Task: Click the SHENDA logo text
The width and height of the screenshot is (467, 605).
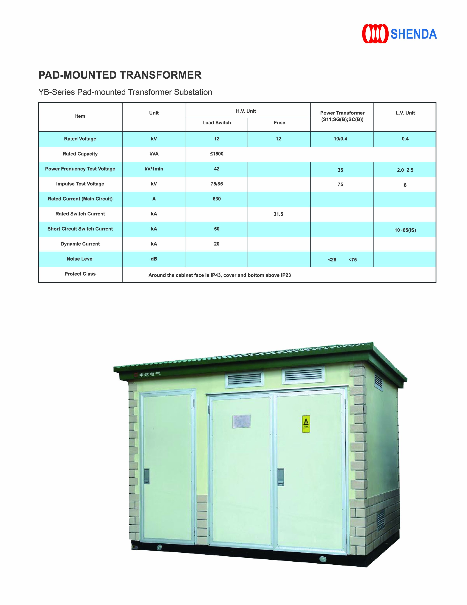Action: (x=413, y=34)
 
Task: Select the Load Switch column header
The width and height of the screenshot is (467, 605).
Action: (x=217, y=123)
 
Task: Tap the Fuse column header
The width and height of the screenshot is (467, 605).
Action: (x=279, y=123)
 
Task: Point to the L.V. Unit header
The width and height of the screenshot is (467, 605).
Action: (x=405, y=113)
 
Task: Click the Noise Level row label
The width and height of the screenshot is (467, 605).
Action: (x=80, y=259)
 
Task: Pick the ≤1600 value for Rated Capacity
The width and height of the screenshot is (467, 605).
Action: (x=217, y=154)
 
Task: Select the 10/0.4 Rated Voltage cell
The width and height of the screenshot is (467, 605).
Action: (x=340, y=139)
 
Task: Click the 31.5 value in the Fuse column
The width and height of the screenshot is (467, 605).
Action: (x=278, y=214)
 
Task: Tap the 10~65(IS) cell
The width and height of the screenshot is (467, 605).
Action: (x=405, y=230)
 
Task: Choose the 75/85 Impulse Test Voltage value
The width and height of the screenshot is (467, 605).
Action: (x=217, y=184)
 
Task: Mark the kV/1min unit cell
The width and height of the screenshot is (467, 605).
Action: (x=154, y=169)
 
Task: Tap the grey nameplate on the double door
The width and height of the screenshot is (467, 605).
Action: (x=241, y=421)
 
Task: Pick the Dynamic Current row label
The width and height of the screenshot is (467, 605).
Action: (x=80, y=244)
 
